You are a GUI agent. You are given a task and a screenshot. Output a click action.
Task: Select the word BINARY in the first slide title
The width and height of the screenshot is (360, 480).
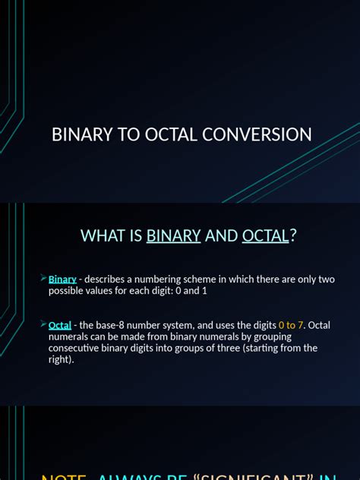82,135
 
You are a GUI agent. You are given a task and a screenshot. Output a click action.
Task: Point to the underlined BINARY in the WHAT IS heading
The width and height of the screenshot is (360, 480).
173,235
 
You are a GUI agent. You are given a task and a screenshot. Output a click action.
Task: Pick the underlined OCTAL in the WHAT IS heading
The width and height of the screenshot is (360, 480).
265,235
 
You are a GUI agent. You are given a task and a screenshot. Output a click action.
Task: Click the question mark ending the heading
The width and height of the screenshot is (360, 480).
293,235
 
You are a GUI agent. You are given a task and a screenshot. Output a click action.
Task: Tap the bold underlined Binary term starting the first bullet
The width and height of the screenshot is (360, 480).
62,279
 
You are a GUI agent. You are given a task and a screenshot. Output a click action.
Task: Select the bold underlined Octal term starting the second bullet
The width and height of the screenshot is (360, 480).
60,325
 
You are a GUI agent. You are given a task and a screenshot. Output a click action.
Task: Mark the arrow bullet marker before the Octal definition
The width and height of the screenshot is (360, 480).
43,324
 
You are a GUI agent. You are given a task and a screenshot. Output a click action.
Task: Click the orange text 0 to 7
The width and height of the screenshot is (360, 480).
289,325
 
